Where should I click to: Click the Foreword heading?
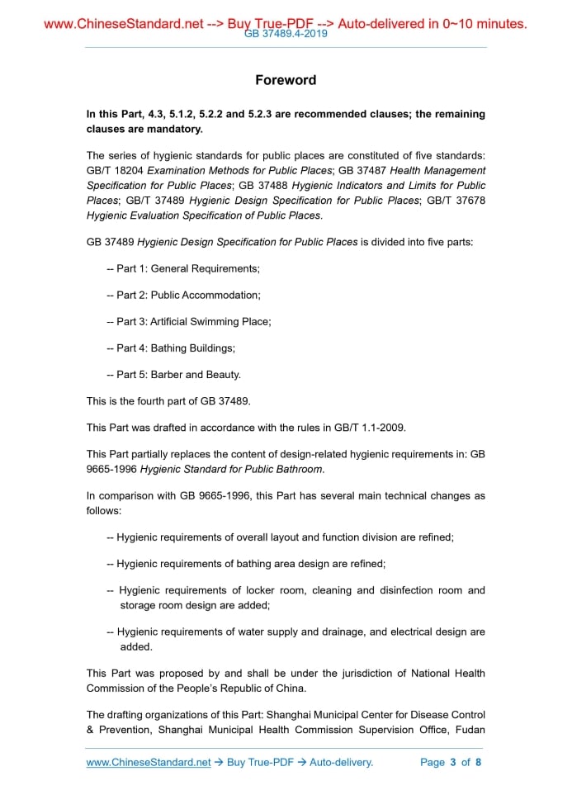point(286,80)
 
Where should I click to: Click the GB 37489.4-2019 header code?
point(286,35)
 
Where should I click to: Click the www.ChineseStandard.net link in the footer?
point(149,762)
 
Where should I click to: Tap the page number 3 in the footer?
point(453,762)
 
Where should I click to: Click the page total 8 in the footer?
point(478,762)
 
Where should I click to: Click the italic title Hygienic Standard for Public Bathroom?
point(231,470)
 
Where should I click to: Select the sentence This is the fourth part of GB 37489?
point(168,401)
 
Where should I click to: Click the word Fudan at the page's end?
point(468,729)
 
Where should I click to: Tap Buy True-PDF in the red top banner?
point(275,24)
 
